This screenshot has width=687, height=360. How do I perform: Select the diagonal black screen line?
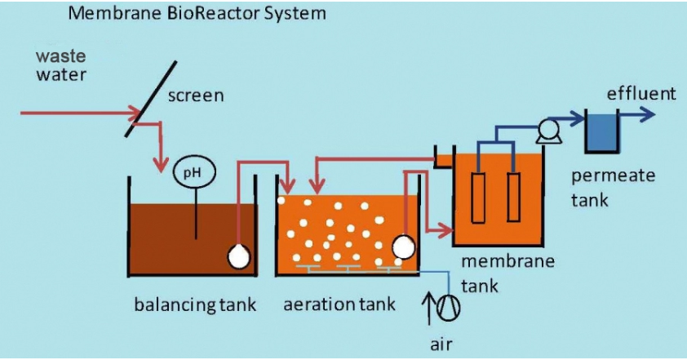148,90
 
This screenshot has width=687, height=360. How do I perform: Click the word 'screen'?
196,96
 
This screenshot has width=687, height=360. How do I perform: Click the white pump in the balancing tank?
238,256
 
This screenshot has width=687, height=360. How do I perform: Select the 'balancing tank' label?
195,305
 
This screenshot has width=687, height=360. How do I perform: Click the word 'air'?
441,343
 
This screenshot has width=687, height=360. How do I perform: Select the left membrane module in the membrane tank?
478,197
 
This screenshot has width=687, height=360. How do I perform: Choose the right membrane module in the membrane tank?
513,197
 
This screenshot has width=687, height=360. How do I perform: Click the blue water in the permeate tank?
603,136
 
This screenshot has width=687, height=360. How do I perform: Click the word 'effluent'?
640,94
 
